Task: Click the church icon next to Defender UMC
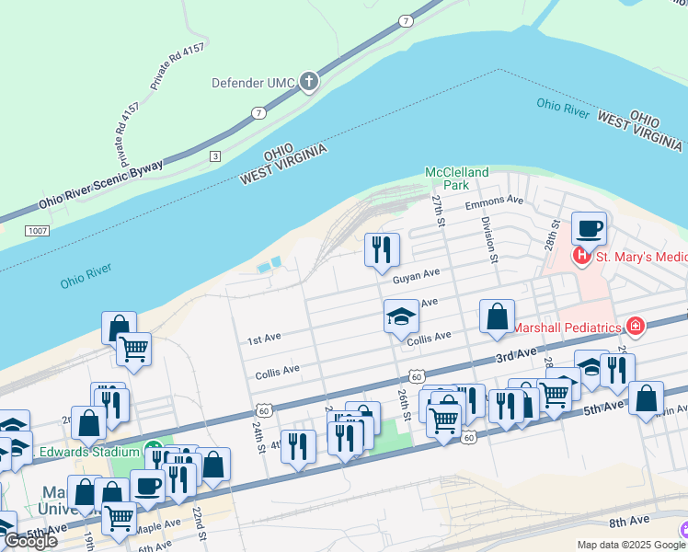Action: tap(309, 83)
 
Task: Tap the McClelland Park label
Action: tap(456, 178)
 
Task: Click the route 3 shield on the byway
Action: tap(215, 155)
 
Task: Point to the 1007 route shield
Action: tap(37, 230)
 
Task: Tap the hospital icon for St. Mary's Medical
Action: tap(581, 255)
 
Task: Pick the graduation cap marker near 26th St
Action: tap(401, 316)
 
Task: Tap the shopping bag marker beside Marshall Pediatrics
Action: tap(497, 316)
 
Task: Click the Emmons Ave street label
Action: tap(494, 201)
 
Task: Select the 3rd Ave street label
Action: tap(515, 354)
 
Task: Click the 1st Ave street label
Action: tap(264, 339)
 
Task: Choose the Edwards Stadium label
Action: tap(89, 453)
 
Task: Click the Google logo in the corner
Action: tap(30, 541)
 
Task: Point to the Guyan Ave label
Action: tap(416, 274)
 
